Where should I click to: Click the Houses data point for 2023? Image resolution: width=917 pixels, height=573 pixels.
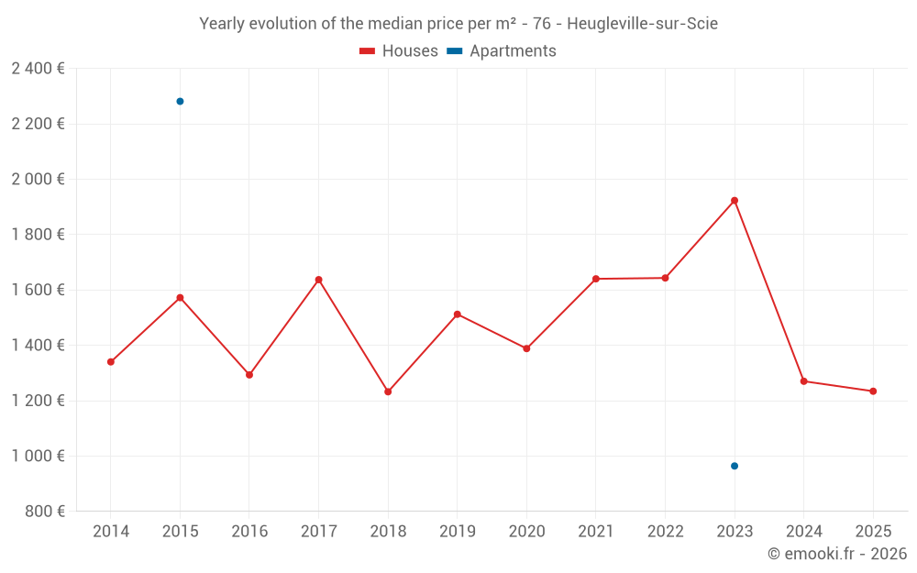click(x=735, y=201)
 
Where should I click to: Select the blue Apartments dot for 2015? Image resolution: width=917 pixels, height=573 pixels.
click(x=180, y=102)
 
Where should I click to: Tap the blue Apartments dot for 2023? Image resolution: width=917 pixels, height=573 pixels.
click(x=735, y=466)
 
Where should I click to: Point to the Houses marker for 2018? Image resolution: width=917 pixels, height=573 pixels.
click(x=388, y=391)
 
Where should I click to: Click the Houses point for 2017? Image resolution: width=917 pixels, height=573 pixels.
click(x=319, y=280)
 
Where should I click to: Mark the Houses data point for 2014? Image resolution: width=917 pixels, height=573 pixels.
click(x=111, y=362)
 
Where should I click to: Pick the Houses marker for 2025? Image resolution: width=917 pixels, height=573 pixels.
click(x=873, y=391)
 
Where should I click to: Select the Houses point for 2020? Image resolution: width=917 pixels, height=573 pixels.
click(x=526, y=348)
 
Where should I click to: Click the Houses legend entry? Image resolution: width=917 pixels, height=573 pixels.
click(x=399, y=51)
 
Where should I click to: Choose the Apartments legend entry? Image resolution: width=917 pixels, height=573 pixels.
click(x=502, y=51)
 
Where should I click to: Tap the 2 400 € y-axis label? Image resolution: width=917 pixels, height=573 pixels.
click(x=38, y=69)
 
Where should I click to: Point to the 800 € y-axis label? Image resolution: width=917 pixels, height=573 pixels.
click(x=43, y=512)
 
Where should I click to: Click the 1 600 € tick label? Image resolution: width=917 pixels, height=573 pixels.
click(x=38, y=290)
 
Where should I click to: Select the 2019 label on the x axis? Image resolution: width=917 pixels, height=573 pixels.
click(x=458, y=532)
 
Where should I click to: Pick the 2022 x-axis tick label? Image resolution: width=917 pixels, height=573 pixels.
click(x=665, y=532)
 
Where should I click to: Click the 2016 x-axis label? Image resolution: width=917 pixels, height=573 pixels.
click(x=249, y=532)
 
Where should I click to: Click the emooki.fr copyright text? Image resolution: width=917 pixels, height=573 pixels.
click(x=836, y=554)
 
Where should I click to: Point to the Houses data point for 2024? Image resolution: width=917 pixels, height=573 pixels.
click(x=804, y=381)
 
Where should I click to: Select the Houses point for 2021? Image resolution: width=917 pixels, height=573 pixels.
click(x=596, y=279)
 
